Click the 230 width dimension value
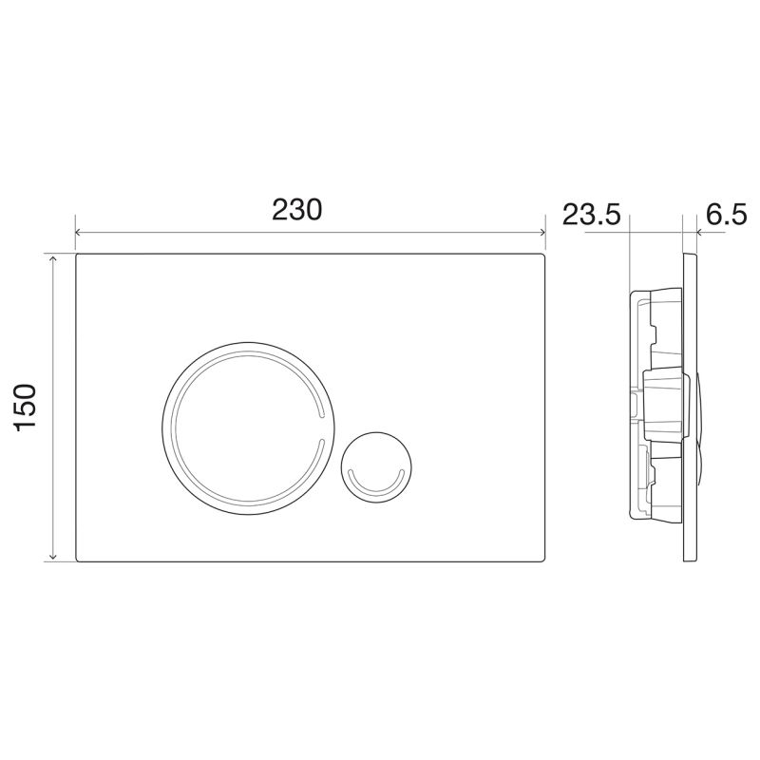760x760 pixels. point(297,209)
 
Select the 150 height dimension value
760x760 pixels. point(25,407)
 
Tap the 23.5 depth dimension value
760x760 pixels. point(590,215)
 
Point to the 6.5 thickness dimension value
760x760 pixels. point(727,215)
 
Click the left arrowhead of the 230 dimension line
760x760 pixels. point(79,232)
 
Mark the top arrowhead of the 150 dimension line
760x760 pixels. point(54,258)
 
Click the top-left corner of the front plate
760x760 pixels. point(76,255)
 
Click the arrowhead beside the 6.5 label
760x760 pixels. point(699,231)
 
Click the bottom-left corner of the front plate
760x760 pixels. point(76,560)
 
